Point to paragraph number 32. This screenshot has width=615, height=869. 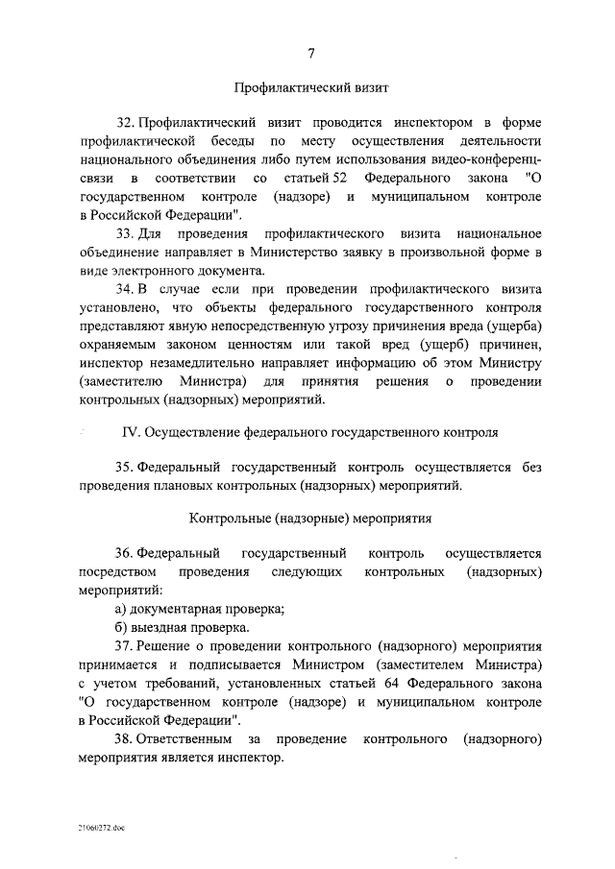(125, 124)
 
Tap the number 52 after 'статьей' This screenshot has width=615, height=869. (332, 179)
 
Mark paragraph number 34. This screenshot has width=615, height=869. (125, 289)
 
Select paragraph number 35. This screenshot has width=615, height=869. (125, 468)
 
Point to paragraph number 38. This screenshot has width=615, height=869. (125, 738)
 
